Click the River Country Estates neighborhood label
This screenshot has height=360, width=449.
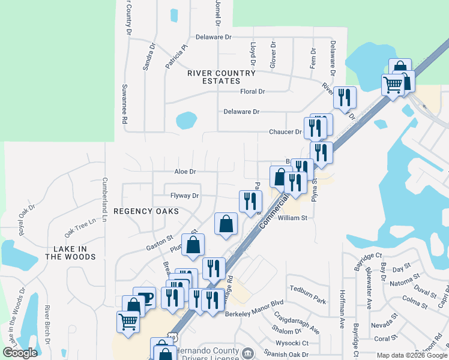(x=221, y=77)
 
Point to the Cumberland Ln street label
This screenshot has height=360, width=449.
(x=104, y=199)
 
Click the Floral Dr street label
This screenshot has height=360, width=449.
(x=253, y=92)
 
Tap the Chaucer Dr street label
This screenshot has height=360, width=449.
(x=285, y=132)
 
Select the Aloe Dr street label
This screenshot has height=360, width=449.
(x=185, y=172)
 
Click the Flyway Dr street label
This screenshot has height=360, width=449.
(x=184, y=196)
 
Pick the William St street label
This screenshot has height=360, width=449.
(x=292, y=218)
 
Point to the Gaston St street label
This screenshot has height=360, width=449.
(x=159, y=247)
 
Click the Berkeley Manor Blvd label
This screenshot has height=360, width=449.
(x=254, y=313)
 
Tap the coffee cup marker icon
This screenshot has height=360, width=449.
(x=144, y=296)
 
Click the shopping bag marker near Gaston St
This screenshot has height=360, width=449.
(x=193, y=245)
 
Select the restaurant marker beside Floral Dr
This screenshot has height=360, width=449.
(x=344, y=97)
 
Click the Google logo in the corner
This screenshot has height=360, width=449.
(x=20, y=353)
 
